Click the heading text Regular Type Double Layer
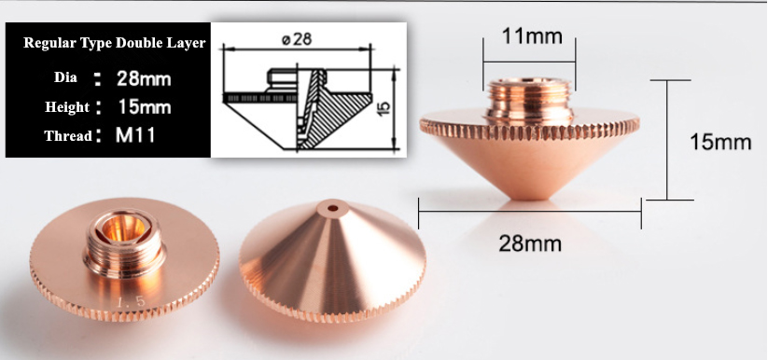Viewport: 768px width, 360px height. point(114,43)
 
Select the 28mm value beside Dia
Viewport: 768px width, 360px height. point(144,78)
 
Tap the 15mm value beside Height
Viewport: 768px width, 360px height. point(144,106)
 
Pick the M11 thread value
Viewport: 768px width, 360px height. point(134,135)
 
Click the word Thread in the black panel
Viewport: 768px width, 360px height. point(68,135)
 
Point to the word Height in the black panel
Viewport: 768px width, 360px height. point(67,107)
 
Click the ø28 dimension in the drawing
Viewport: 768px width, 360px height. point(297,38)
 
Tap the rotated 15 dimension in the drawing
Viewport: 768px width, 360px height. point(384,107)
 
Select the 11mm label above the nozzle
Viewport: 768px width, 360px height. point(532,36)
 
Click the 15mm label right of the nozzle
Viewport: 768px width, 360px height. point(720,142)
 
